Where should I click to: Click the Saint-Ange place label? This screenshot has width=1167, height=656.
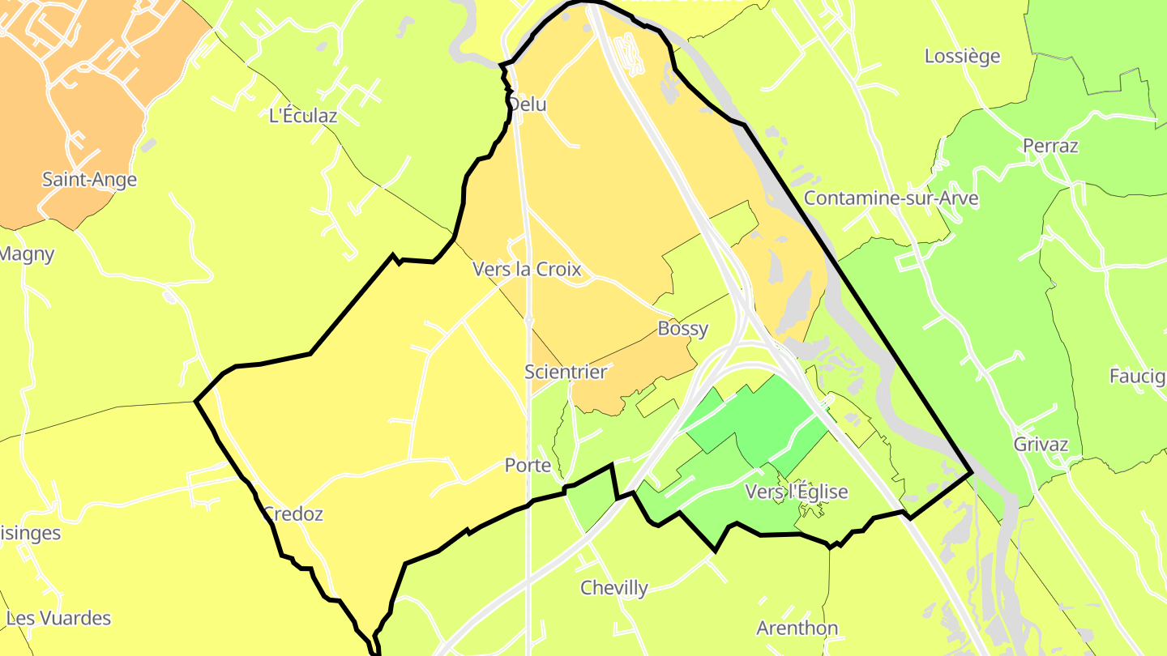tap(89, 180)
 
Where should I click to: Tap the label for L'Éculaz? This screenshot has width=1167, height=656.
tap(302, 116)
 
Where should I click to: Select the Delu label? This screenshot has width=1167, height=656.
tap(528, 104)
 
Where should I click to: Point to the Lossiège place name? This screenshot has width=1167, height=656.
tap(962, 57)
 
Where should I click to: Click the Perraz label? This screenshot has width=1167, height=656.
tap(1050, 147)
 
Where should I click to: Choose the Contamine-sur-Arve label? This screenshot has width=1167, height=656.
tap(891, 198)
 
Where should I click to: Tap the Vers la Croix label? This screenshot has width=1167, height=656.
tap(527, 269)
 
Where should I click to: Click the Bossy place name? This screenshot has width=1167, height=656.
tap(682, 329)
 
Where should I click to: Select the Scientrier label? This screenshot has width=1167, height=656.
tap(565, 372)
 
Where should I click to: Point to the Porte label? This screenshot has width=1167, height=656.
tap(528, 466)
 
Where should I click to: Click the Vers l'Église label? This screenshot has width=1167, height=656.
tap(796, 492)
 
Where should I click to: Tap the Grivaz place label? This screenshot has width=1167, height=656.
tap(1041, 445)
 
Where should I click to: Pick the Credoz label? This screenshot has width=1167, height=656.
tap(293, 513)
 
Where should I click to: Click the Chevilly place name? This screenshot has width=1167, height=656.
tap(613, 588)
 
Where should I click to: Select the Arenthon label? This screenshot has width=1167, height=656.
tap(797, 628)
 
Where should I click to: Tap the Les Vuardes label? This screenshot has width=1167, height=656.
tap(58, 619)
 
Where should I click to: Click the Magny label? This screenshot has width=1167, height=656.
tap(26, 254)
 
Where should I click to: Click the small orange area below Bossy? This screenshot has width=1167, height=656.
tap(632, 381)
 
